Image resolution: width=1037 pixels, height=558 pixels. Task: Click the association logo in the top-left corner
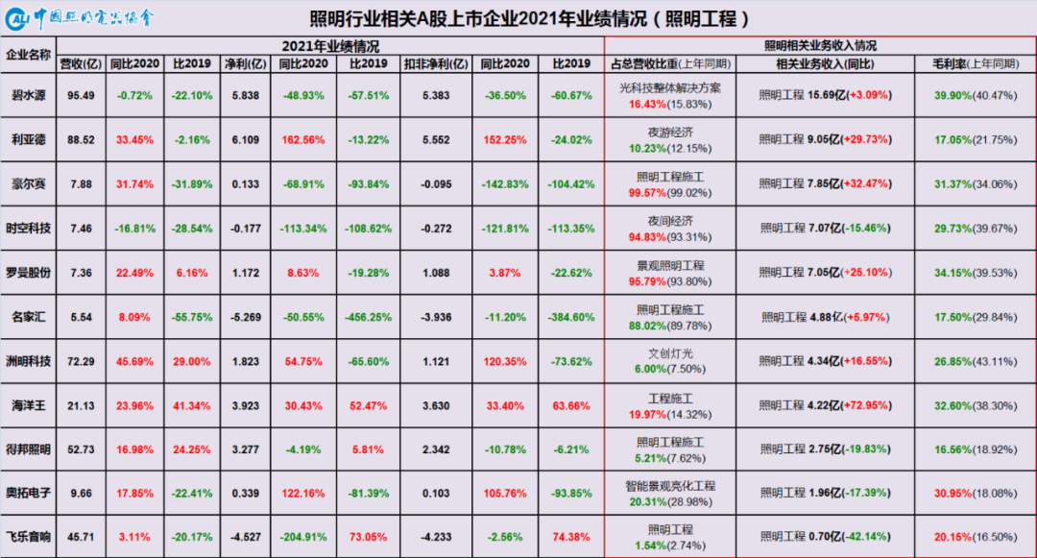click(x=80, y=18)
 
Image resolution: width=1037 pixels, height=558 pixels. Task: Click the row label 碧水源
click(x=29, y=95)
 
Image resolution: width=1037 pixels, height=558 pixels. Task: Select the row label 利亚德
click(x=29, y=139)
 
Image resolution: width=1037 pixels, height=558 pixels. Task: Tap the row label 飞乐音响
click(x=29, y=537)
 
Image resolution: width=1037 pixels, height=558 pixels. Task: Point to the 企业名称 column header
click(x=29, y=54)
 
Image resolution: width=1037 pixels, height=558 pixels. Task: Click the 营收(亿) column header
click(x=81, y=64)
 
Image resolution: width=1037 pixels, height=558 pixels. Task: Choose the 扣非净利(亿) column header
click(x=436, y=64)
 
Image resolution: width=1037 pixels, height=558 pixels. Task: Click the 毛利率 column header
click(x=976, y=64)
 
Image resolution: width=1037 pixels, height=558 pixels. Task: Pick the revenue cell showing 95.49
click(x=81, y=95)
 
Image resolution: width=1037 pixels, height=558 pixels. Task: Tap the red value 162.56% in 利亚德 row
click(x=303, y=139)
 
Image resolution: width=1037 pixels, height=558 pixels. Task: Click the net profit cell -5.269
click(x=246, y=317)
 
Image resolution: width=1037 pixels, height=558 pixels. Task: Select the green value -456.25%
click(x=369, y=317)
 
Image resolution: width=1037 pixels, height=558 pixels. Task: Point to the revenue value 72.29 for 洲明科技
click(x=81, y=362)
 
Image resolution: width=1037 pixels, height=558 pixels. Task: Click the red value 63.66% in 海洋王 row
click(x=571, y=406)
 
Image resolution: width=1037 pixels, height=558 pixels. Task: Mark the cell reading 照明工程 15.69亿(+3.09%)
click(x=826, y=95)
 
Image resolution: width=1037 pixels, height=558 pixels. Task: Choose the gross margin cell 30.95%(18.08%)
click(x=976, y=494)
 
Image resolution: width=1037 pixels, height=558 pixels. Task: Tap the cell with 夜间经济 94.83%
click(x=670, y=229)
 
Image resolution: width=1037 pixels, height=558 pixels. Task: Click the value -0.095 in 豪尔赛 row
click(x=436, y=184)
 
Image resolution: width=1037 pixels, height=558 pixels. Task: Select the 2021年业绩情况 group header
click(x=330, y=46)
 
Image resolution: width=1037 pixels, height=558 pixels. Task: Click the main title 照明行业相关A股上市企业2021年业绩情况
click(x=529, y=18)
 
